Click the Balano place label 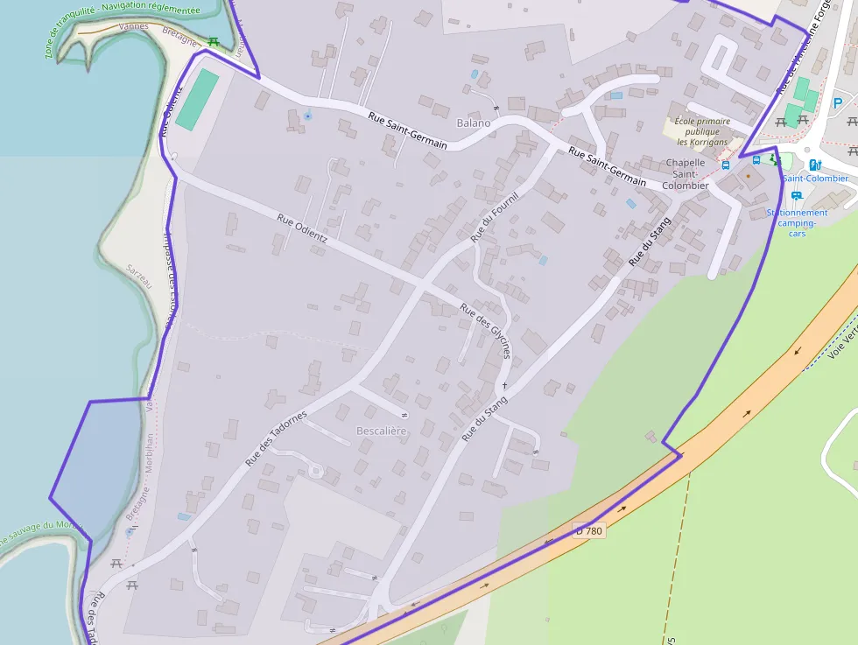coord(474,123)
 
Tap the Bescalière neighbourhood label coord(382,431)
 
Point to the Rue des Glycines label coord(485,333)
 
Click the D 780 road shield coord(589,529)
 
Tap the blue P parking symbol coord(837,103)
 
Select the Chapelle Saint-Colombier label coord(686,173)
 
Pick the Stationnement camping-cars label coord(797,222)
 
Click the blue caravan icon coord(796,196)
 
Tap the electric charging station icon coord(815,164)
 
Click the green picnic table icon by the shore coord(212,40)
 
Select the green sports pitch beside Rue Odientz coord(197,100)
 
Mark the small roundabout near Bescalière coord(315,473)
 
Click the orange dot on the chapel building coord(748,175)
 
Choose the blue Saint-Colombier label coord(815,179)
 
